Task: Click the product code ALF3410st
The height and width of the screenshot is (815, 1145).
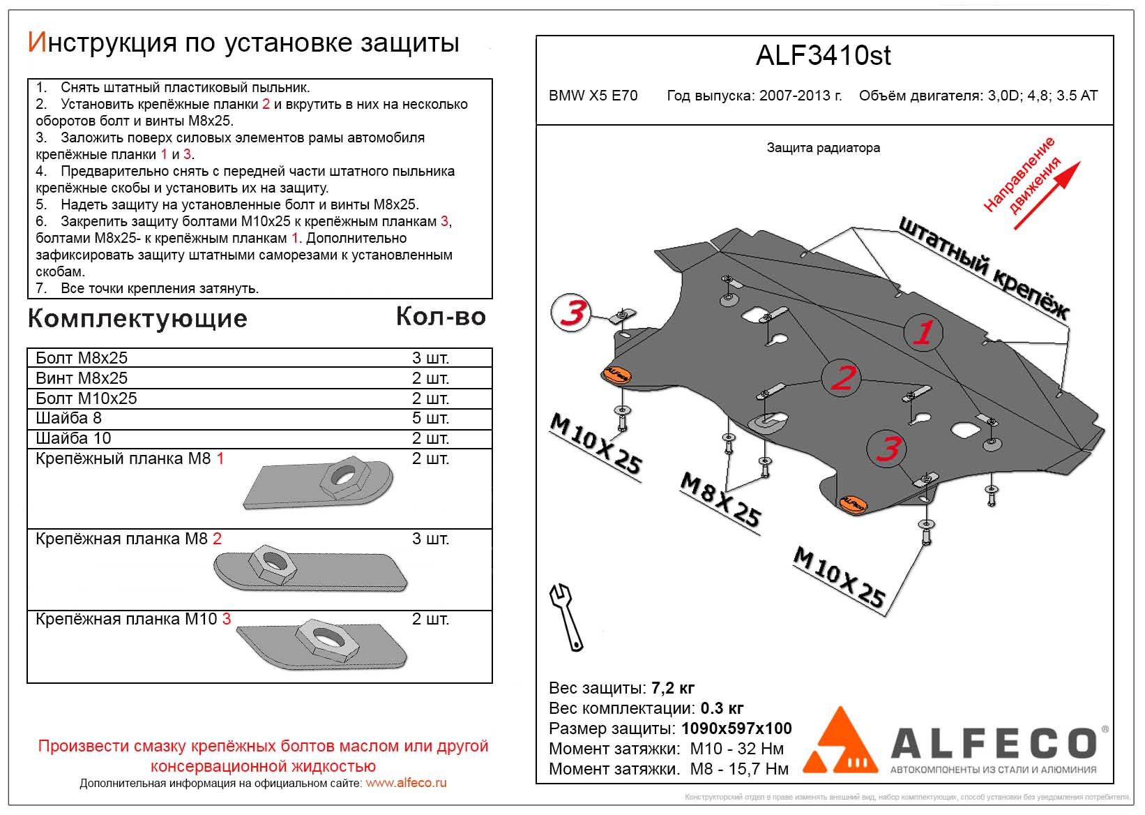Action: point(823,56)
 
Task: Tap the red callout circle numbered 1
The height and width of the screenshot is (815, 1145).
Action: point(923,332)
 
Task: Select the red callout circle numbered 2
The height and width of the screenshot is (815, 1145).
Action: point(842,377)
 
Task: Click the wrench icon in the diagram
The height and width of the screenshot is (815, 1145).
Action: point(568,617)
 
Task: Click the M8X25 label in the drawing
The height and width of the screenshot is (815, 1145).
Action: point(720,500)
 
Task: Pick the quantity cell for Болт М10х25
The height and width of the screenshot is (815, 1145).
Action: point(430,398)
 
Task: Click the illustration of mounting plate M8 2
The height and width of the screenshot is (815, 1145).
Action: point(310,569)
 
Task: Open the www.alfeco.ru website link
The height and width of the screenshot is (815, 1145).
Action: point(406,783)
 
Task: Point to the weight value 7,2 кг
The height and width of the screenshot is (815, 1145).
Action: point(673,689)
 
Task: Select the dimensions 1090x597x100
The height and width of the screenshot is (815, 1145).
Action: point(736,729)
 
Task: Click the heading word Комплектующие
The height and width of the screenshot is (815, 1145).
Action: point(137,319)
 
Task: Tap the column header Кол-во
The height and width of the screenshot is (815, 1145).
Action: point(441,317)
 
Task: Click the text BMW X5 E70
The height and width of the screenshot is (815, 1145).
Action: point(593,96)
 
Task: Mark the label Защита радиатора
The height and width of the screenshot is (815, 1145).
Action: point(823,148)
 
